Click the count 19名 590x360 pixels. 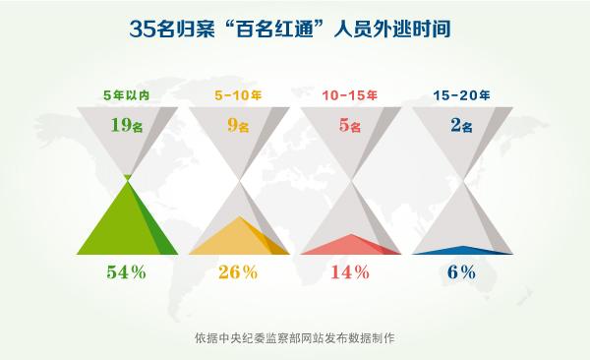pyautogui.click(x=127, y=125)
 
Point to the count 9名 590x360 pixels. pyautogui.click(x=239, y=125)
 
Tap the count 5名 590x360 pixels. pyautogui.click(x=350, y=125)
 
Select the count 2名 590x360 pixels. pyautogui.click(x=461, y=125)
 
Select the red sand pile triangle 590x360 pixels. pyautogui.click(x=344, y=246)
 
